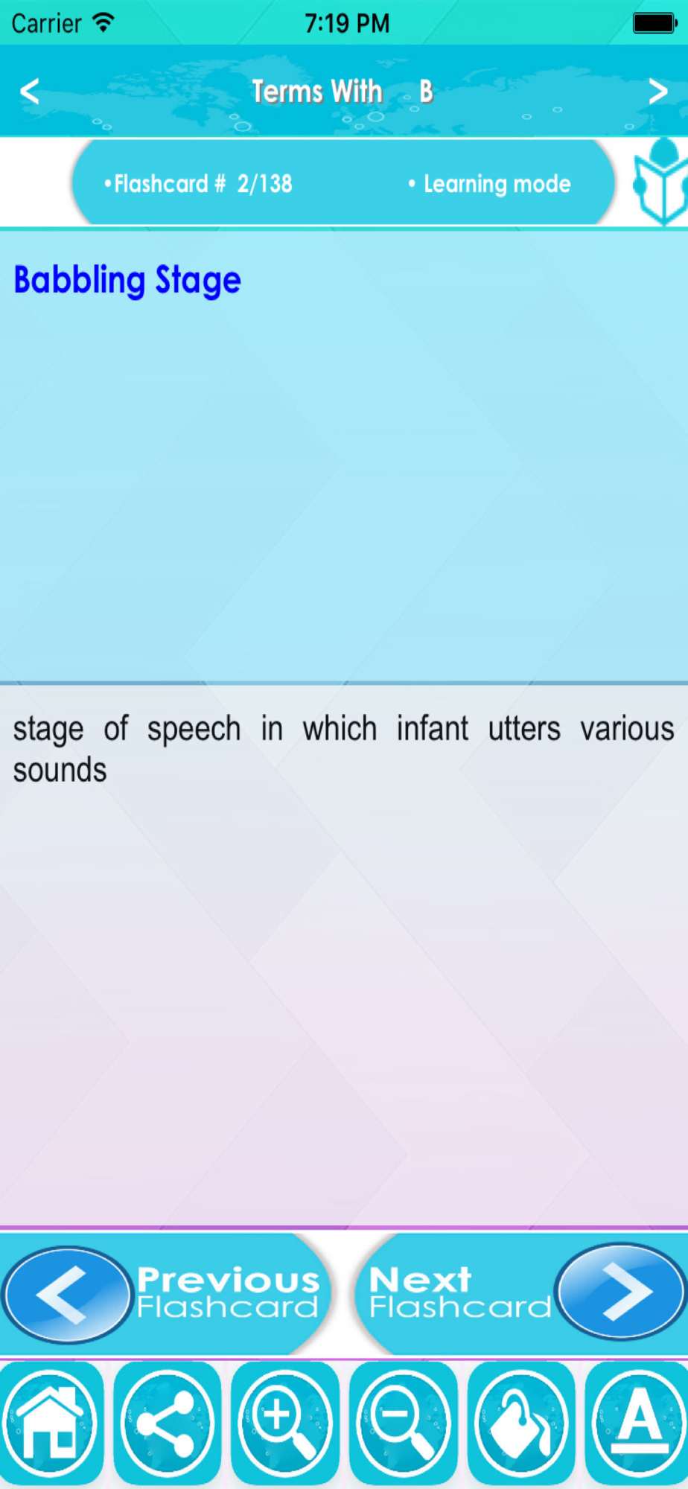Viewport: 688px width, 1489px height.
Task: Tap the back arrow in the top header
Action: (x=30, y=92)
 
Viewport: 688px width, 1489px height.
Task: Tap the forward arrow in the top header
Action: (x=657, y=92)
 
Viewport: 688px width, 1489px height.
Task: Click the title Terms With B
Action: (x=343, y=92)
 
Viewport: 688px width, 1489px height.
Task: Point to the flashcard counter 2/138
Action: (x=264, y=184)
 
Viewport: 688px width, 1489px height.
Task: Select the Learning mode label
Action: (x=497, y=184)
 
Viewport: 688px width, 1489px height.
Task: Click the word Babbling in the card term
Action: (x=80, y=281)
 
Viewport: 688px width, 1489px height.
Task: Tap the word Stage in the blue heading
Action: (x=198, y=281)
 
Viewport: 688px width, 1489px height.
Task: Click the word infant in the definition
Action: (x=433, y=728)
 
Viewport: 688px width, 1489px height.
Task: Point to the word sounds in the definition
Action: (x=60, y=770)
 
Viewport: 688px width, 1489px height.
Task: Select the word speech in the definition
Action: (x=194, y=730)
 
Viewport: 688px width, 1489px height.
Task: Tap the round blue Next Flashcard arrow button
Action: (x=620, y=1292)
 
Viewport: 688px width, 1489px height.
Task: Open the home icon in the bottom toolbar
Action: (x=51, y=1423)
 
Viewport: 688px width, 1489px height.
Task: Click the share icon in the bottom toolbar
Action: (x=168, y=1423)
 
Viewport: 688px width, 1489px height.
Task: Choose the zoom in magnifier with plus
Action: (x=285, y=1423)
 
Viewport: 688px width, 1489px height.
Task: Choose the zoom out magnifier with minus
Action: (x=403, y=1423)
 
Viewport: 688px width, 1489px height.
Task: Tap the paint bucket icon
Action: (x=520, y=1423)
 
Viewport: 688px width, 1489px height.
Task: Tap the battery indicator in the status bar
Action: (x=654, y=23)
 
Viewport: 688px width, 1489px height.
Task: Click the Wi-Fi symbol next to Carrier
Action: (x=103, y=22)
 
